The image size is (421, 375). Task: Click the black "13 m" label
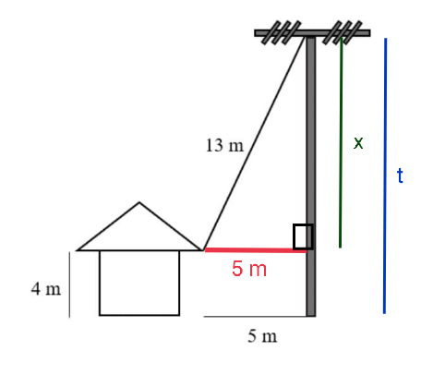[x=224, y=145]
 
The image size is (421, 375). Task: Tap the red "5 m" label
[x=249, y=269]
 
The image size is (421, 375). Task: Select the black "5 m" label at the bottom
[x=262, y=336]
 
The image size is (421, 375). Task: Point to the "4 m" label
[x=46, y=289]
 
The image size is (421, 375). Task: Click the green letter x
[x=358, y=143]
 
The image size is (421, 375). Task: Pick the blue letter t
[x=400, y=175]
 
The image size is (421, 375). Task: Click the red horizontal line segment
[x=256, y=250]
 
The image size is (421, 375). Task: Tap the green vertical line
[x=341, y=142]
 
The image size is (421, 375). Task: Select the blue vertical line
[x=385, y=175]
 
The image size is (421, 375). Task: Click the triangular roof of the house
[x=139, y=226]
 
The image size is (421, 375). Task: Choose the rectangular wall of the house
[x=139, y=283]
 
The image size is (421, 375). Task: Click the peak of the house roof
[x=139, y=202]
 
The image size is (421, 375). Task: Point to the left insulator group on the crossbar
[x=281, y=32]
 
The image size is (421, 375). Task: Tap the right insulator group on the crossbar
[x=343, y=32]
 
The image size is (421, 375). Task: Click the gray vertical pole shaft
[x=311, y=176]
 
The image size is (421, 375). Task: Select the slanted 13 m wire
[x=254, y=143]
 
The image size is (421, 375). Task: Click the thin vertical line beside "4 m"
[x=69, y=284]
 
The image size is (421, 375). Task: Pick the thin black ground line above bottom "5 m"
[x=255, y=316]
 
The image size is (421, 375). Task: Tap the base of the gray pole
[x=311, y=315]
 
